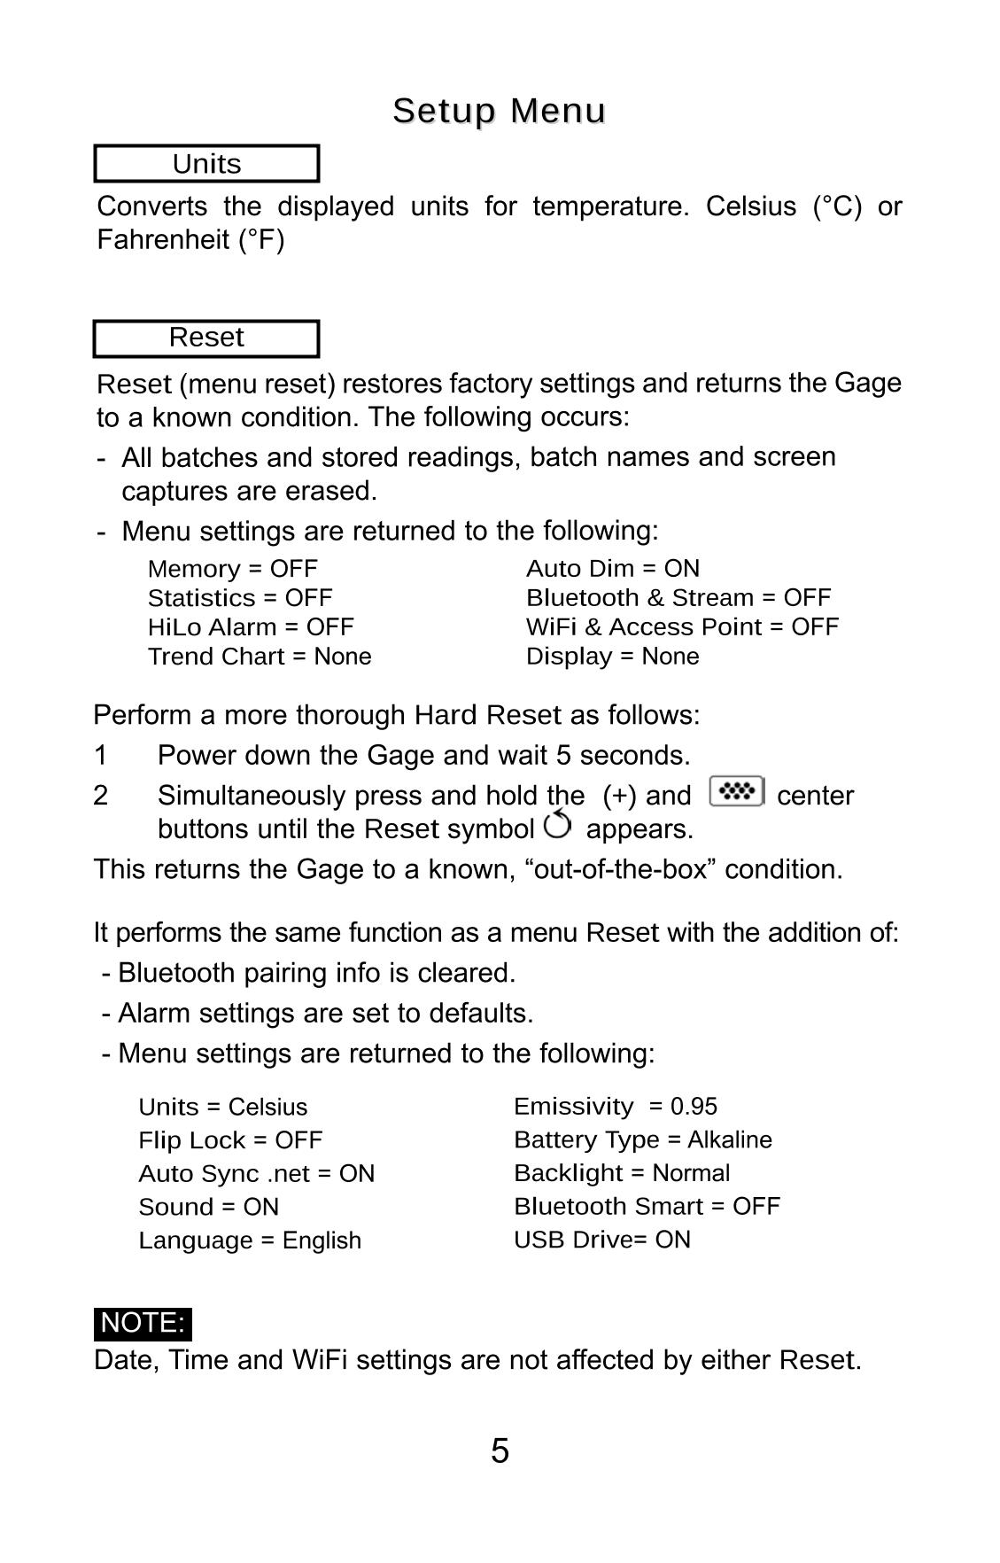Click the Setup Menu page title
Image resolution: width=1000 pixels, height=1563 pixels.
(x=499, y=111)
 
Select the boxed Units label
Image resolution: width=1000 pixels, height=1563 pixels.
(x=206, y=164)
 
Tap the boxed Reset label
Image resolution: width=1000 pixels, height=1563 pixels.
(x=206, y=338)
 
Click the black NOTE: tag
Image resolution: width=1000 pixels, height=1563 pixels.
(x=143, y=1323)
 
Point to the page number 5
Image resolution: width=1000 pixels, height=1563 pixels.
(x=500, y=1451)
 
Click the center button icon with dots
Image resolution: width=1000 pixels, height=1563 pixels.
(x=736, y=790)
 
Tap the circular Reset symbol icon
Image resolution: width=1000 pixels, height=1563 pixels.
(x=558, y=825)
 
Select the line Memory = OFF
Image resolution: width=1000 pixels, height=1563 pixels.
(x=232, y=569)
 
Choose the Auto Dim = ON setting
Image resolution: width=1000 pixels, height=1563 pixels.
(x=612, y=569)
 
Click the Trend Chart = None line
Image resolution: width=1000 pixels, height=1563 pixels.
(x=259, y=657)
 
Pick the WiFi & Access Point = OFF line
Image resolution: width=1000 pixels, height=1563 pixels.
(x=681, y=627)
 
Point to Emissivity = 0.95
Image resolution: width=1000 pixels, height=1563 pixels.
(x=615, y=1107)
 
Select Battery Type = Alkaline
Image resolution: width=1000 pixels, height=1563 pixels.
(x=642, y=1139)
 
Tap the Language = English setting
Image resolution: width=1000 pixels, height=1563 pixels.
(x=250, y=1240)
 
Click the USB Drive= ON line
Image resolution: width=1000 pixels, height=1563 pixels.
(x=601, y=1240)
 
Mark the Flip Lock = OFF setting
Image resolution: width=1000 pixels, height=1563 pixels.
(x=230, y=1140)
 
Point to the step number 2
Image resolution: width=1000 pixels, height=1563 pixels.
(x=101, y=796)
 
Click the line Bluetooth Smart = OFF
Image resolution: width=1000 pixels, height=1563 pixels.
(x=647, y=1206)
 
